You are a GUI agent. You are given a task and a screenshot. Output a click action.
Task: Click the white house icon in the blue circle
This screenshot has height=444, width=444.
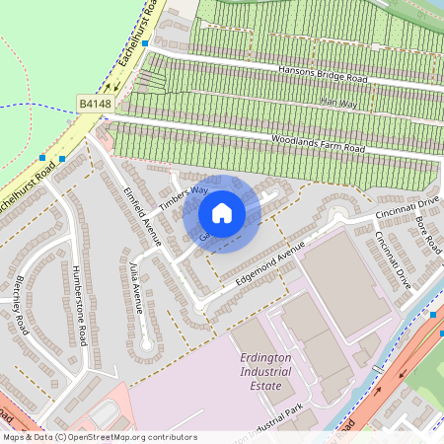point(221,213)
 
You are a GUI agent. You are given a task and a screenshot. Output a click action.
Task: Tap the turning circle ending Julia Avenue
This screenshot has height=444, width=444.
point(146,344)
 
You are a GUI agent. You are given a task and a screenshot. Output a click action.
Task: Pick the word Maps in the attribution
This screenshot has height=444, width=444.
point(14,436)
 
